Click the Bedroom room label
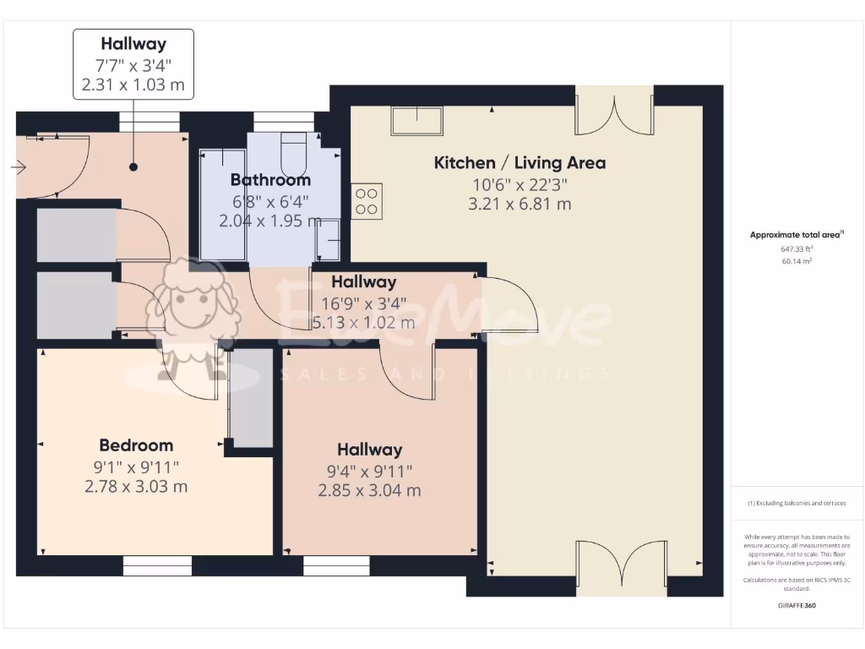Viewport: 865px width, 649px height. pyautogui.click(x=136, y=445)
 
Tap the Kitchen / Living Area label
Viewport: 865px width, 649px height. pyautogui.click(x=520, y=163)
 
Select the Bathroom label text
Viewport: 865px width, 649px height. pyautogui.click(x=270, y=180)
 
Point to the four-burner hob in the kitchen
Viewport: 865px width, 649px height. pyautogui.click(x=367, y=201)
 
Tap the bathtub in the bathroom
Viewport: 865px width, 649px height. pyautogui.click(x=222, y=204)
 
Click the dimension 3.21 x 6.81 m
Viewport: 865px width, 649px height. pyautogui.click(x=520, y=204)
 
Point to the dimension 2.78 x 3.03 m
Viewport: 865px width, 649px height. pyautogui.click(x=136, y=487)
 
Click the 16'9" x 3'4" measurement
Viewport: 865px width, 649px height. pyautogui.click(x=363, y=303)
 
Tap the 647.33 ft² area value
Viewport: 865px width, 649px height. pyautogui.click(x=797, y=249)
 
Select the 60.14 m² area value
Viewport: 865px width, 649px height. pyautogui.click(x=797, y=261)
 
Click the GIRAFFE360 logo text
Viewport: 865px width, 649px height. pyautogui.click(x=797, y=606)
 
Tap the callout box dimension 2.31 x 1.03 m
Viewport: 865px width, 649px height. pyautogui.click(x=133, y=85)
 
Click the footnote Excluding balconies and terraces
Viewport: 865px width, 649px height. pyautogui.click(x=797, y=503)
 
